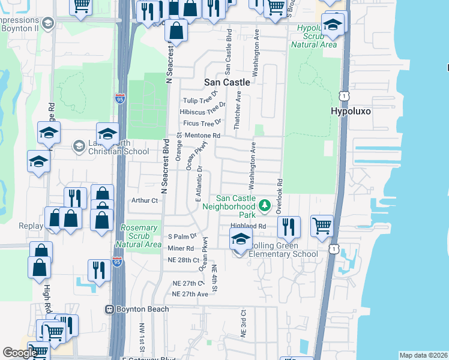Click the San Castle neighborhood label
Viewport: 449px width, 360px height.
point(227,82)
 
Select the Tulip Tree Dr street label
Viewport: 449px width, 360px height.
point(199,101)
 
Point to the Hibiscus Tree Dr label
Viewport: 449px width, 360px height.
point(202,112)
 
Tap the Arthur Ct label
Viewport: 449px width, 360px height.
point(144,201)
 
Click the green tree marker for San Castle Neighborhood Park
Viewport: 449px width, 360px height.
point(264,206)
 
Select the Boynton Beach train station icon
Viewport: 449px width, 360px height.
point(110,309)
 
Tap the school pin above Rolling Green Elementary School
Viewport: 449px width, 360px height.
point(240,240)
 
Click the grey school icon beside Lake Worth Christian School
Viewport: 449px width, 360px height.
point(79,146)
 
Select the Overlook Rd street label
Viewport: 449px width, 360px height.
point(279,196)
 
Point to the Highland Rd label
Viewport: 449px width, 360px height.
point(248,226)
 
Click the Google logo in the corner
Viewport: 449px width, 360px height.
point(20,353)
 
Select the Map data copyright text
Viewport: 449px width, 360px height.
point(423,355)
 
